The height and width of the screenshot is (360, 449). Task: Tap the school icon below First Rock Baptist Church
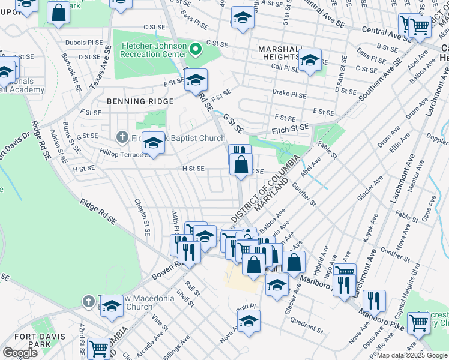(153, 143)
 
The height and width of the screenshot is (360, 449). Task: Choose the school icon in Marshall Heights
(310, 60)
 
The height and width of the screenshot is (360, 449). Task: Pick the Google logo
(20, 353)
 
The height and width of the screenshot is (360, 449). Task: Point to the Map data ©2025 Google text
(411, 355)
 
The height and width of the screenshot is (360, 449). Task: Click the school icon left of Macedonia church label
(112, 306)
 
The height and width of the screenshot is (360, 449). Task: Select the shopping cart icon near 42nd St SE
(98, 348)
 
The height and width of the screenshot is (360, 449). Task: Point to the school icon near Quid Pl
(247, 322)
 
